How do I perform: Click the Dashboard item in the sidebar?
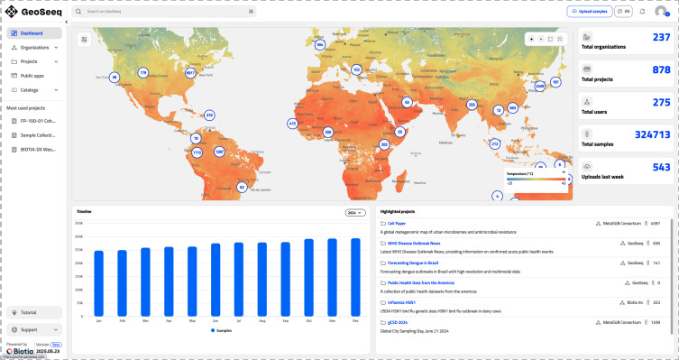(32, 33)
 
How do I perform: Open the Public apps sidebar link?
(33, 76)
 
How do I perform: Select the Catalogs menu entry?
(30, 90)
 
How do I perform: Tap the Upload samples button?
(587, 11)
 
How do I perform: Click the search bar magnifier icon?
(79, 11)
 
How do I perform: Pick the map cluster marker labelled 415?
(292, 124)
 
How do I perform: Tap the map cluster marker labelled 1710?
(197, 152)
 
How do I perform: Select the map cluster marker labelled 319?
(209, 115)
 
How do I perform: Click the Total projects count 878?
(661, 69)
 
